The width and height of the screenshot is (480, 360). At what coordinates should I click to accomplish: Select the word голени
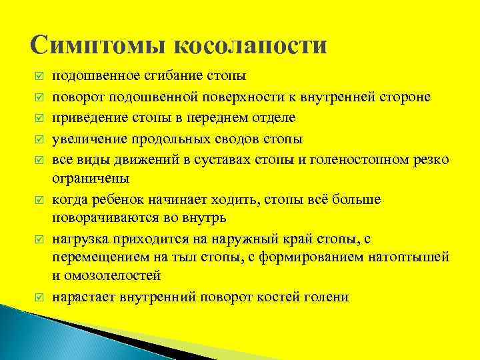point(327,297)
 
